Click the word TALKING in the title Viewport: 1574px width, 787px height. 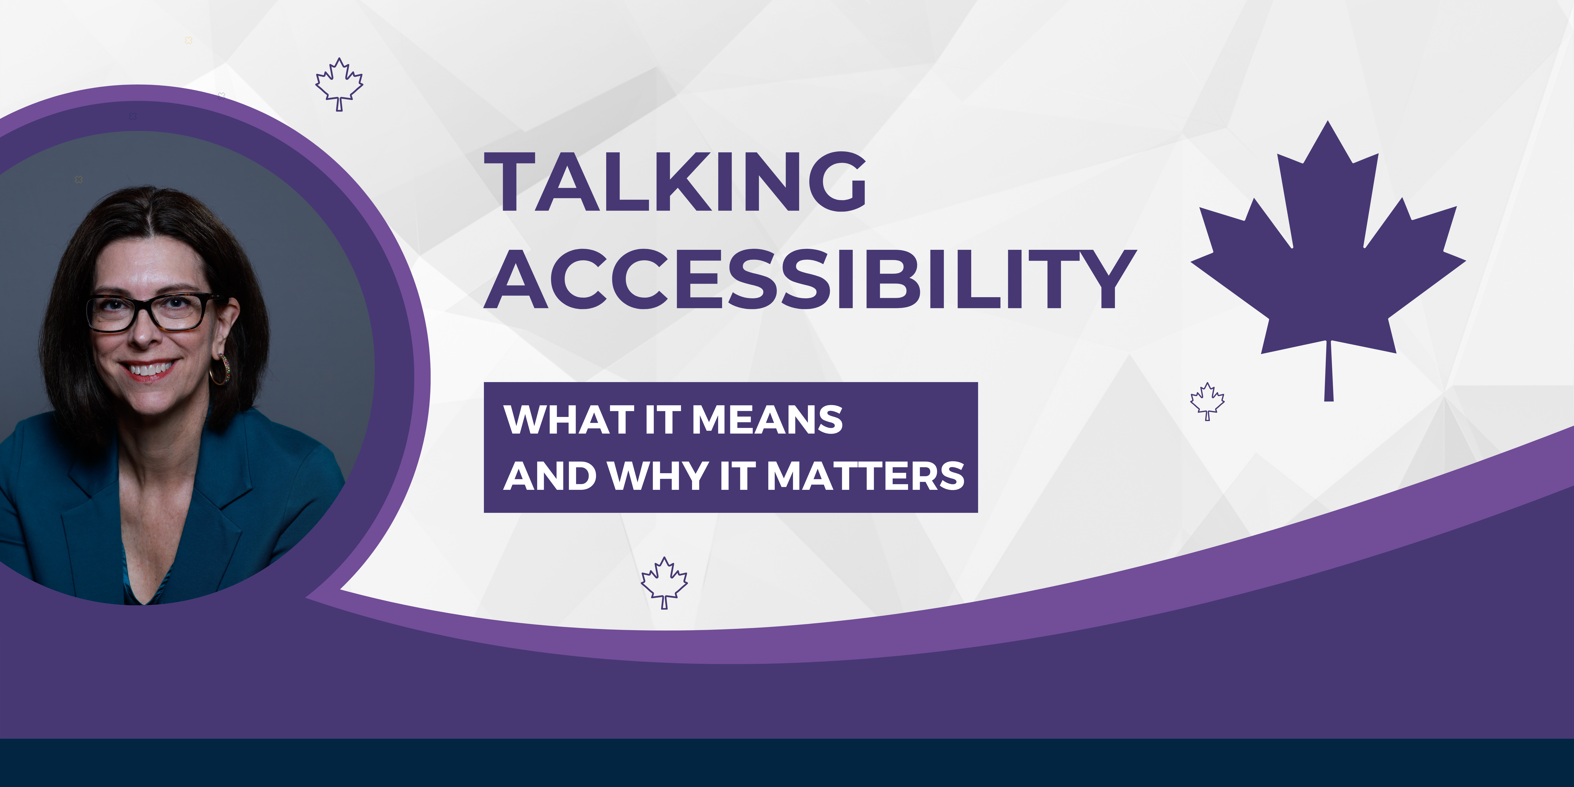click(675, 181)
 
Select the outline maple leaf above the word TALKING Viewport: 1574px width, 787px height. click(339, 84)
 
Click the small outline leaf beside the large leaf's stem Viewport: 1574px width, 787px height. click(1207, 401)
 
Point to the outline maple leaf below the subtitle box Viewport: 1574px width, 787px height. click(664, 582)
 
